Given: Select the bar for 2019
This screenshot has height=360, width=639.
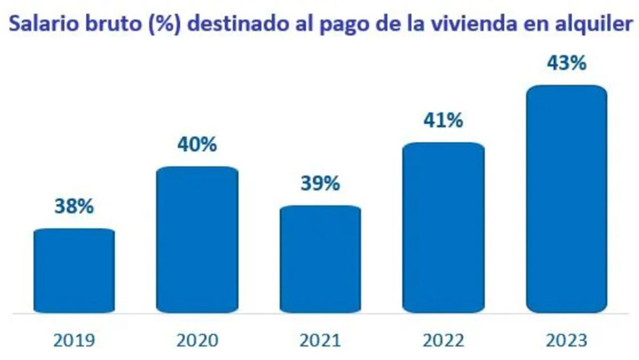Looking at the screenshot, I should pyautogui.click(x=74, y=271).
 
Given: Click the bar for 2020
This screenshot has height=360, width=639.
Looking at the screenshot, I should pyautogui.click(x=197, y=240).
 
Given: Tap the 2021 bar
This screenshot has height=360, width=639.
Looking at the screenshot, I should pyautogui.click(x=321, y=259).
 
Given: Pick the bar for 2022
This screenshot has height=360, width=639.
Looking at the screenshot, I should pyautogui.click(x=444, y=227).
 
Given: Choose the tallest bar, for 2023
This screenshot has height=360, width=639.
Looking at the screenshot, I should pyautogui.click(x=567, y=199).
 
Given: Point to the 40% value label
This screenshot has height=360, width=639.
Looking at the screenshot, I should pyautogui.click(x=197, y=145).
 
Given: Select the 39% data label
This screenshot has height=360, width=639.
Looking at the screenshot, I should pyautogui.click(x=321, y=184).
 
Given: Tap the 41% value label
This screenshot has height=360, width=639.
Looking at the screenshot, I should pyautogui.click(x=444, y=121).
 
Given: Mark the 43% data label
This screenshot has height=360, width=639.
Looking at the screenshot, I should pyautogui.click(x=567, y=63).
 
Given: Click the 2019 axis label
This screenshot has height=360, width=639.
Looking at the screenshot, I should pyautogui.click(x=74, y=339).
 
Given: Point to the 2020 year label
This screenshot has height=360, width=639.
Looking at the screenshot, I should pyautogui.click(x=197, y=339).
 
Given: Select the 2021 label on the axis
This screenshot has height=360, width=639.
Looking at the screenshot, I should pyautogui.click(x=321, y=339).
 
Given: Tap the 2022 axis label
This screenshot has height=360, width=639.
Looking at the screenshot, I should pyautogui.click(x=444, y=339).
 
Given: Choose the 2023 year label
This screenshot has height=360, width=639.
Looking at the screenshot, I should pyautogui.click(x=567, y=339).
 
